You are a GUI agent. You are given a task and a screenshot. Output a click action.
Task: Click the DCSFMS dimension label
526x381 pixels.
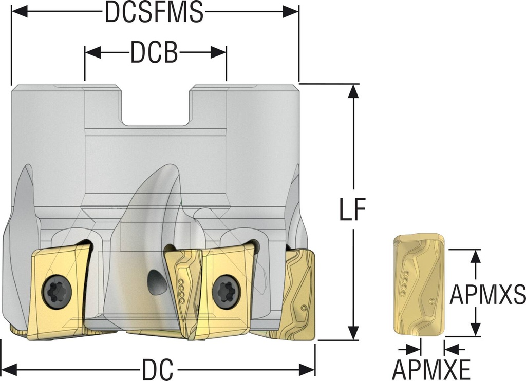[x=154, y=13]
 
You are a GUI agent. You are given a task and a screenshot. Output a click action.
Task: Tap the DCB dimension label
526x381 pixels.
[x=154, y=52]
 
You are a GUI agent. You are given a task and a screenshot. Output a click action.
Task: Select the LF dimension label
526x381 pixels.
[x=352, y=209]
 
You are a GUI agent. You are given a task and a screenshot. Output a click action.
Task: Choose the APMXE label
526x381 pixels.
[x=431, y=370]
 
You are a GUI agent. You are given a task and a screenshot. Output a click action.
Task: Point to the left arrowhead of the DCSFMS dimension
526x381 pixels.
[x=19, y=12]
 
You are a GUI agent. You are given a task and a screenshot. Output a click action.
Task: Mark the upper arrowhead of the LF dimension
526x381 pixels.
[x=352, y=91]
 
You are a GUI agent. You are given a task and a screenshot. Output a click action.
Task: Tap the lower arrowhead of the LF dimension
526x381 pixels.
[x=352, y=333]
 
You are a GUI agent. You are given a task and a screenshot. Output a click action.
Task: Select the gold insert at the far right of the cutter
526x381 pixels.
[x=299, y=293]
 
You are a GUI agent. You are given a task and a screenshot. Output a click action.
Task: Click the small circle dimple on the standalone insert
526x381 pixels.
[x=432, y=302]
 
